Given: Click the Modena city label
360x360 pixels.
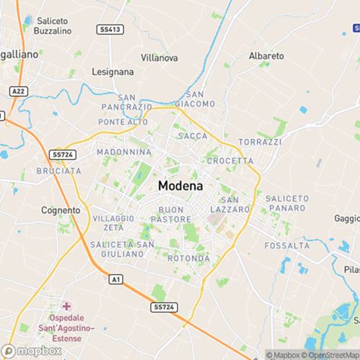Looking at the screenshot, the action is [x=180, y=185].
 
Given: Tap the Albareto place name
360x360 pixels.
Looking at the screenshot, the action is [x=266, y=55].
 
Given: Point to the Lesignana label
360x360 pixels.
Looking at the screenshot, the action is [x=113, y=72].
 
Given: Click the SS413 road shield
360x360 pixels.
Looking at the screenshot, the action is [x=109, y=29].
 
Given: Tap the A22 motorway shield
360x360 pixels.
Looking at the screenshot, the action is [x=19, y=91].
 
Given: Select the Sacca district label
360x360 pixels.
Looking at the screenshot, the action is [x=192, y=135].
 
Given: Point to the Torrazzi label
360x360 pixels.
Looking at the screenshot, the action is [x=261, y=142].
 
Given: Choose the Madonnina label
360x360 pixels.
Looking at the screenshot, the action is [x=124, y=152].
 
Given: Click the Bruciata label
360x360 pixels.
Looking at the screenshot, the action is [x=58, y=171].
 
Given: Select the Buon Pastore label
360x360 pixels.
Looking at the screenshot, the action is [x=164, y=214].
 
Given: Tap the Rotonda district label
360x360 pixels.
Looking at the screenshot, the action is [x=189, y=258].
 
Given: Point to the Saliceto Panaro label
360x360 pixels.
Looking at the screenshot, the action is [x=287, y=203].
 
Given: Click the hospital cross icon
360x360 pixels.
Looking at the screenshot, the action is [x=67, y=306].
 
